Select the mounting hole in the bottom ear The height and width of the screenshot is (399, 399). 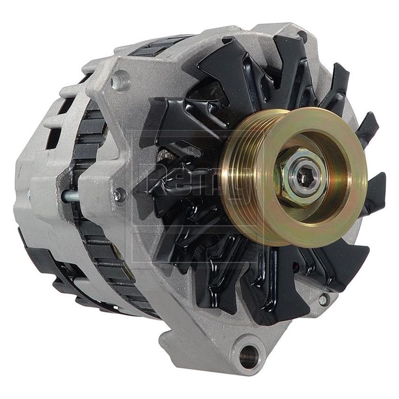pyautogui.click(x=249, y=355)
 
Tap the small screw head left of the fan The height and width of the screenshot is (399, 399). pyautogui.click(x=119, y=194)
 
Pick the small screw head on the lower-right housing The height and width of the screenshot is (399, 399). pyautogui.click(x=323, y=299)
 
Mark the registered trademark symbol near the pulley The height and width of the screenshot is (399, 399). pyautogui.click(x=268, y=133)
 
